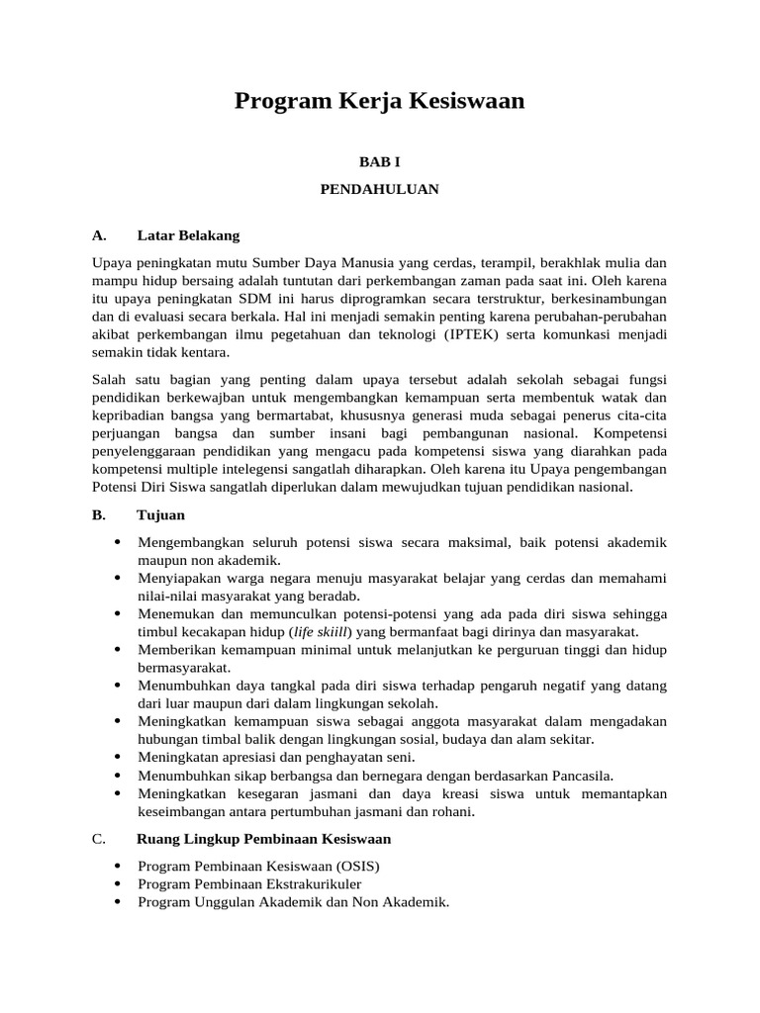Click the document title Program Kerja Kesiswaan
pyautogui.click(x=379, y=101)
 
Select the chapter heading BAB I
pyautogui.click(x=379, y=162)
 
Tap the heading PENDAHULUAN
pyautogui.click(x=379, y=189)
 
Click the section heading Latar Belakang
pyautogui.click(x=188, y=235)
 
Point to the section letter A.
pyautogui.click(x=98, y=235)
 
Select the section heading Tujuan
pyautogui.click(x=160, y=515)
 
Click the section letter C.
pyautogui.click(x=98, y=839)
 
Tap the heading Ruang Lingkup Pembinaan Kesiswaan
pyautogui.click(x=263, y=839)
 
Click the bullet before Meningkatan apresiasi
pyautogui.click(x=118, y=757)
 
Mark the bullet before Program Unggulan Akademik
pyautogui.click(x=118, y=901)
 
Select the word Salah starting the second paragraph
pyautogui.click(x=111, y=380)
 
